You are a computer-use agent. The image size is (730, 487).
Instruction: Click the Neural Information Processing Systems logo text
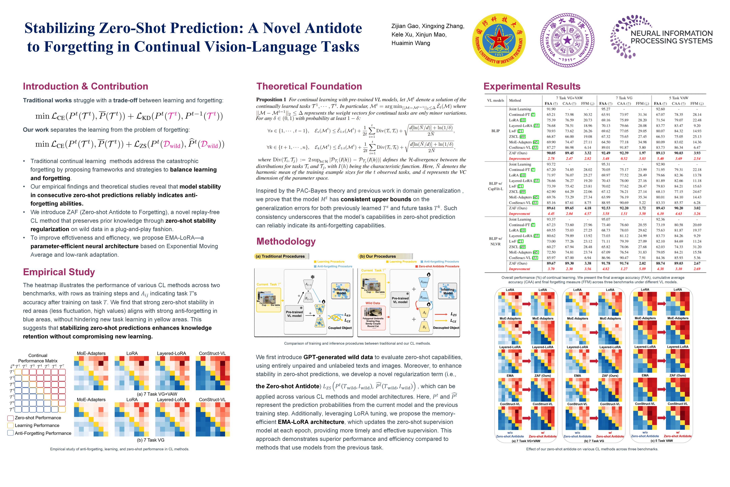671,37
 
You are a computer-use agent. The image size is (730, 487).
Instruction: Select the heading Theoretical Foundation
309,86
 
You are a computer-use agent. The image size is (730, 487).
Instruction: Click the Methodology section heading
286,241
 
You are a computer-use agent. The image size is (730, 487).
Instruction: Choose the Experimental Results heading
532,86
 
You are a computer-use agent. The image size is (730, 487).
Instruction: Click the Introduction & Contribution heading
85,86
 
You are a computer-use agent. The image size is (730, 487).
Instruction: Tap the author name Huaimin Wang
411,43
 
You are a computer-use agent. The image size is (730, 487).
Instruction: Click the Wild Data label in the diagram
372,303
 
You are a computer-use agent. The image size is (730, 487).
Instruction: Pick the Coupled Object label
340,328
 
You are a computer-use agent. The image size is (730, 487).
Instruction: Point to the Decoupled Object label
446,328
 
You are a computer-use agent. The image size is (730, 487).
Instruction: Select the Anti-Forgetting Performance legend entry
43,433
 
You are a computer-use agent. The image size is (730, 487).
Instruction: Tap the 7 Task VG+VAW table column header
569,98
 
